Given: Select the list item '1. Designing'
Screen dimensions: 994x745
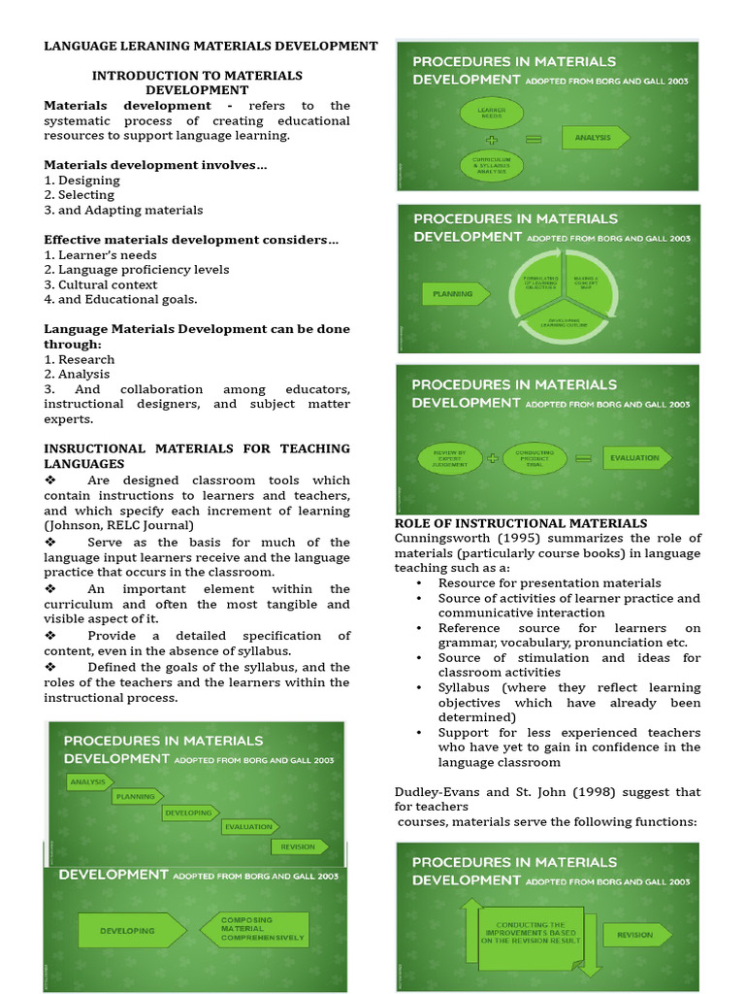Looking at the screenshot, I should point(82,180).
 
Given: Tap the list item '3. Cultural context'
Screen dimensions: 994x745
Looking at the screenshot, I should point(100,284).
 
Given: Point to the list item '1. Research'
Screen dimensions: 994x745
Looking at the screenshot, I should point(80,359).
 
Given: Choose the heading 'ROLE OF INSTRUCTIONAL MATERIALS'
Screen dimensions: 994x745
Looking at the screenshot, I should point(521,523).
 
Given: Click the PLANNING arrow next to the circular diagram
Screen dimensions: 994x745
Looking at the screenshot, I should point(454,293).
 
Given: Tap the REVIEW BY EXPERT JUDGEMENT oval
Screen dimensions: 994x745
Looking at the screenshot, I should point(449,458).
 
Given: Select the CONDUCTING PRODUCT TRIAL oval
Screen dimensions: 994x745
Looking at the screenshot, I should point(535,458).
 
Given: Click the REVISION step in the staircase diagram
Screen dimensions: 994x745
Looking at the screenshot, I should point(298,846).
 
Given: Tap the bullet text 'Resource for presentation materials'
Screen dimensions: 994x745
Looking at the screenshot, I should point(549,582).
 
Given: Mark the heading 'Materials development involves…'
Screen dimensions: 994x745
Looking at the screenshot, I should point(155,165).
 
